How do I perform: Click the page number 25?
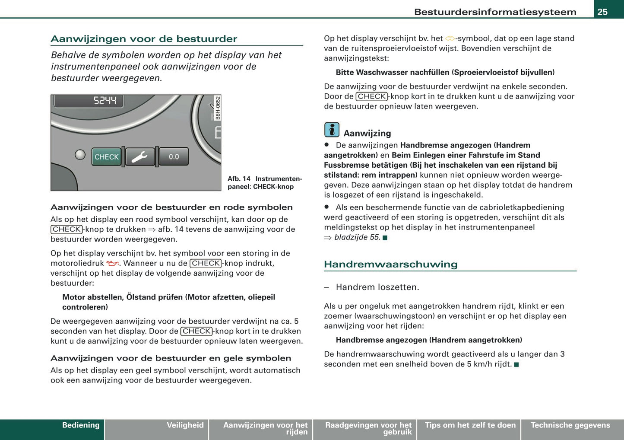pos(602,12)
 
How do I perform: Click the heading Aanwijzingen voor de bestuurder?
pos(144,39)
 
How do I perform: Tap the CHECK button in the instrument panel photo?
pos(106,157)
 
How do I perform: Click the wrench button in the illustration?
pos(140,157)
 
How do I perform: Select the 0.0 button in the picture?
pos(174,157)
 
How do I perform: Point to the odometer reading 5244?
pos(105,101)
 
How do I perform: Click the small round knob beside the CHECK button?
pos(80,154)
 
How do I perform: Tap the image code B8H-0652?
pos(218,108)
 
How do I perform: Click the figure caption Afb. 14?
pos(239,179)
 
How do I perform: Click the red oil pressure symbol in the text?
pos(112,264)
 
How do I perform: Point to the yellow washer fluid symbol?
pos(450,39)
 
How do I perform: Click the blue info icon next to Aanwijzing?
pos(332,130)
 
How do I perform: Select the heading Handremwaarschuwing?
pos(390,264)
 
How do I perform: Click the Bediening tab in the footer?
pos(81,425)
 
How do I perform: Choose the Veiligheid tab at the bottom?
pos(185,425)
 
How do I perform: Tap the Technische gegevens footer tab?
pos(570,425)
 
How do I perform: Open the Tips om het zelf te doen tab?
pos(470,425)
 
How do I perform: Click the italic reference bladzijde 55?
pos(357,237)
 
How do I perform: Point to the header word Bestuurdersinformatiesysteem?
pos(495,12)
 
